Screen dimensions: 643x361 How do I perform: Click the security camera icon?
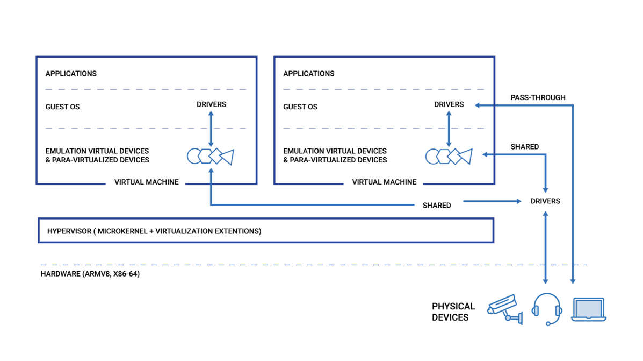coord(505,309)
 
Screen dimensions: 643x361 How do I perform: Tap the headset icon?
coord(547,308)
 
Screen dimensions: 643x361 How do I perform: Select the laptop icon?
coord(589,309)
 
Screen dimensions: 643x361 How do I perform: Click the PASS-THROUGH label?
coord(538,97)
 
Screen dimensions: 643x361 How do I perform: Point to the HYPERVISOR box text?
coord(154,231)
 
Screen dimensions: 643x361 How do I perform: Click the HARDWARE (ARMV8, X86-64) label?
coord(90,274)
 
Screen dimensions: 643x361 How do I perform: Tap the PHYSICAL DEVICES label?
coord(453,312)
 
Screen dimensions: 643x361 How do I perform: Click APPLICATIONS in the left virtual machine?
coord(71,74)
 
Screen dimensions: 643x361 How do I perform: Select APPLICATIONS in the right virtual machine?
coord(309,74)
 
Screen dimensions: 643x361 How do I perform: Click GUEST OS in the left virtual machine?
coord(62,107)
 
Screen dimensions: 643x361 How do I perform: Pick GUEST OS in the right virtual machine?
coord(300,107)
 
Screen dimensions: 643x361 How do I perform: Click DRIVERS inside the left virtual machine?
coord(211,104)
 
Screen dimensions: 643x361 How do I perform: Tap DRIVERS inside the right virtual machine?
coord(449,104)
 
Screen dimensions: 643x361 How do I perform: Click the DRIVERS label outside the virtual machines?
coord(545,201)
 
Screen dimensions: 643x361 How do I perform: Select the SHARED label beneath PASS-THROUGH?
coord(524,147)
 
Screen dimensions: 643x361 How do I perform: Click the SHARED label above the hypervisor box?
coord(437,206)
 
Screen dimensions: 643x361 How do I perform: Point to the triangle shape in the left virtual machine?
coord(227,157)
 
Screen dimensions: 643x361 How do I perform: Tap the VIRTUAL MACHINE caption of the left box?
coord(147,182)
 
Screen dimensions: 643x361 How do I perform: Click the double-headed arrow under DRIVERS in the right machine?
coord(449,129)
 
